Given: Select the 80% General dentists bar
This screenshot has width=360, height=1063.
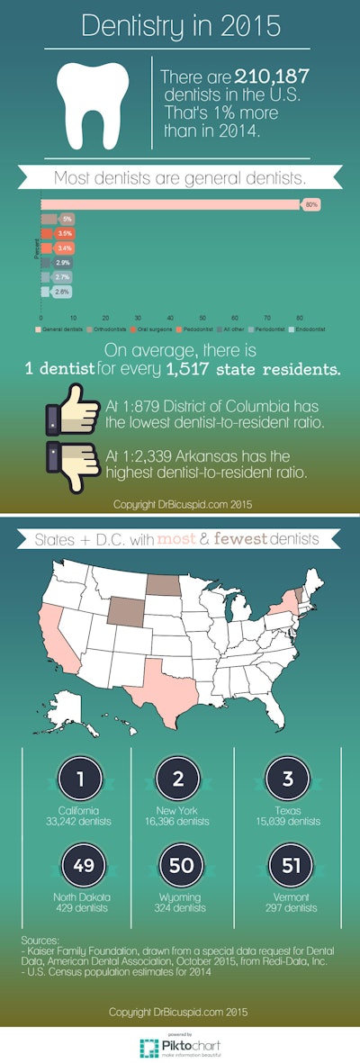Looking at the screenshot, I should [x=170, y=205].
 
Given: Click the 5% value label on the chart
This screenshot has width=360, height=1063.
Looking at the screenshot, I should [x=67, y=219].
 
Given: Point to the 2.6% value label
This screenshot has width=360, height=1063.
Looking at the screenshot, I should [x=62, y=292].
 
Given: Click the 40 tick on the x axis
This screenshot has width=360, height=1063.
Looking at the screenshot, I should [x=170, y=319].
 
